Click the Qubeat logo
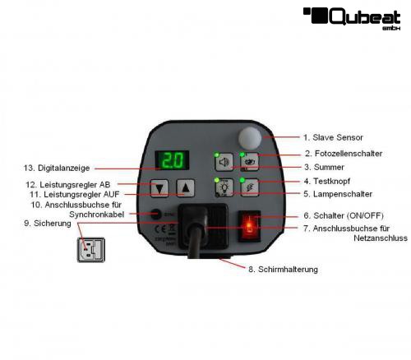[352, 18]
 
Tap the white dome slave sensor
[250, 138]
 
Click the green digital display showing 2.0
[172, 160]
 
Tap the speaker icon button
[224, 162]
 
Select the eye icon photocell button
[250, 162]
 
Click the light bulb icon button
[224, 187]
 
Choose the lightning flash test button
[250, 187]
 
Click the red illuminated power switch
[249, 226]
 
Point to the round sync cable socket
[156, 214]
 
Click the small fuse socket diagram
[91, 250]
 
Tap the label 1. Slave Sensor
[333, 137]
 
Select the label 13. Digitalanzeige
[57, 168]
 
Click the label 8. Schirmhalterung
[283, 270]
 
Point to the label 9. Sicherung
[48, 224]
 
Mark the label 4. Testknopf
[327, 181]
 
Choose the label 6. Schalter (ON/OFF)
[344, 215]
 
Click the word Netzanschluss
[381, 238]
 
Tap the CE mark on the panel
[160, 229]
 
